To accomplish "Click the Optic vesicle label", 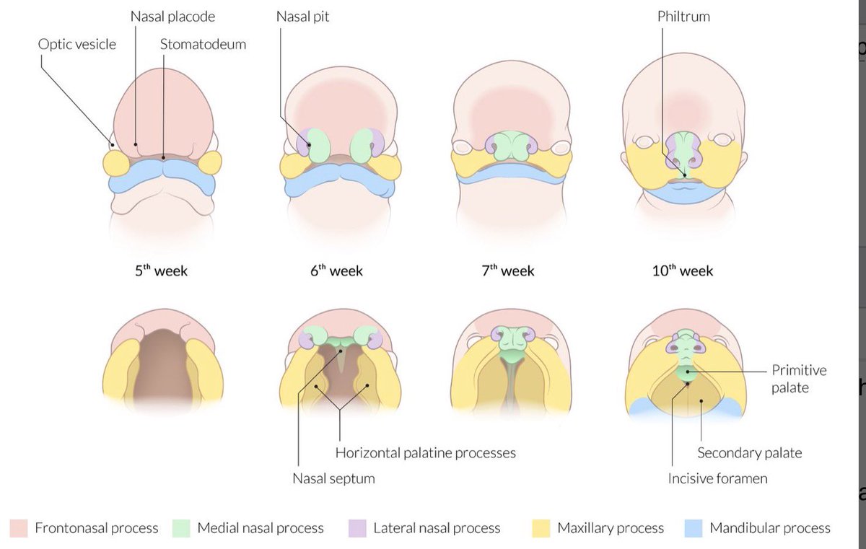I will coord(76,44).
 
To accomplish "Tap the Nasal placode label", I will coord(172,16).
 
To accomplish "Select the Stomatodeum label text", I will coord(203,44).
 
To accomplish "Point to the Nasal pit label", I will coord(302,16).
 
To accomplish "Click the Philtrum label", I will coord(683,16).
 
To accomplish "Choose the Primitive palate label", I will coord(799,379).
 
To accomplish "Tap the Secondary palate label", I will coord(749,453).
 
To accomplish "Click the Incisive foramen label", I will coord(717,478).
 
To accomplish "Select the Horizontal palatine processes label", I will coord(426,453).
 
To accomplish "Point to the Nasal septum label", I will coord(333,478).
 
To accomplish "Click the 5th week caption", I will coord(161,271).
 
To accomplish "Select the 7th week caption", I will coord(508,271).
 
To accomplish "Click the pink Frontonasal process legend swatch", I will coord(19,528).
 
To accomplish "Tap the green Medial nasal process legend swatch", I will coord(181,528).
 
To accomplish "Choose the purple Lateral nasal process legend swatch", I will coord(357,528).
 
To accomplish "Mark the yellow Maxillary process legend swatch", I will coord(541,528).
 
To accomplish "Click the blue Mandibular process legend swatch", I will coord(693,528).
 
